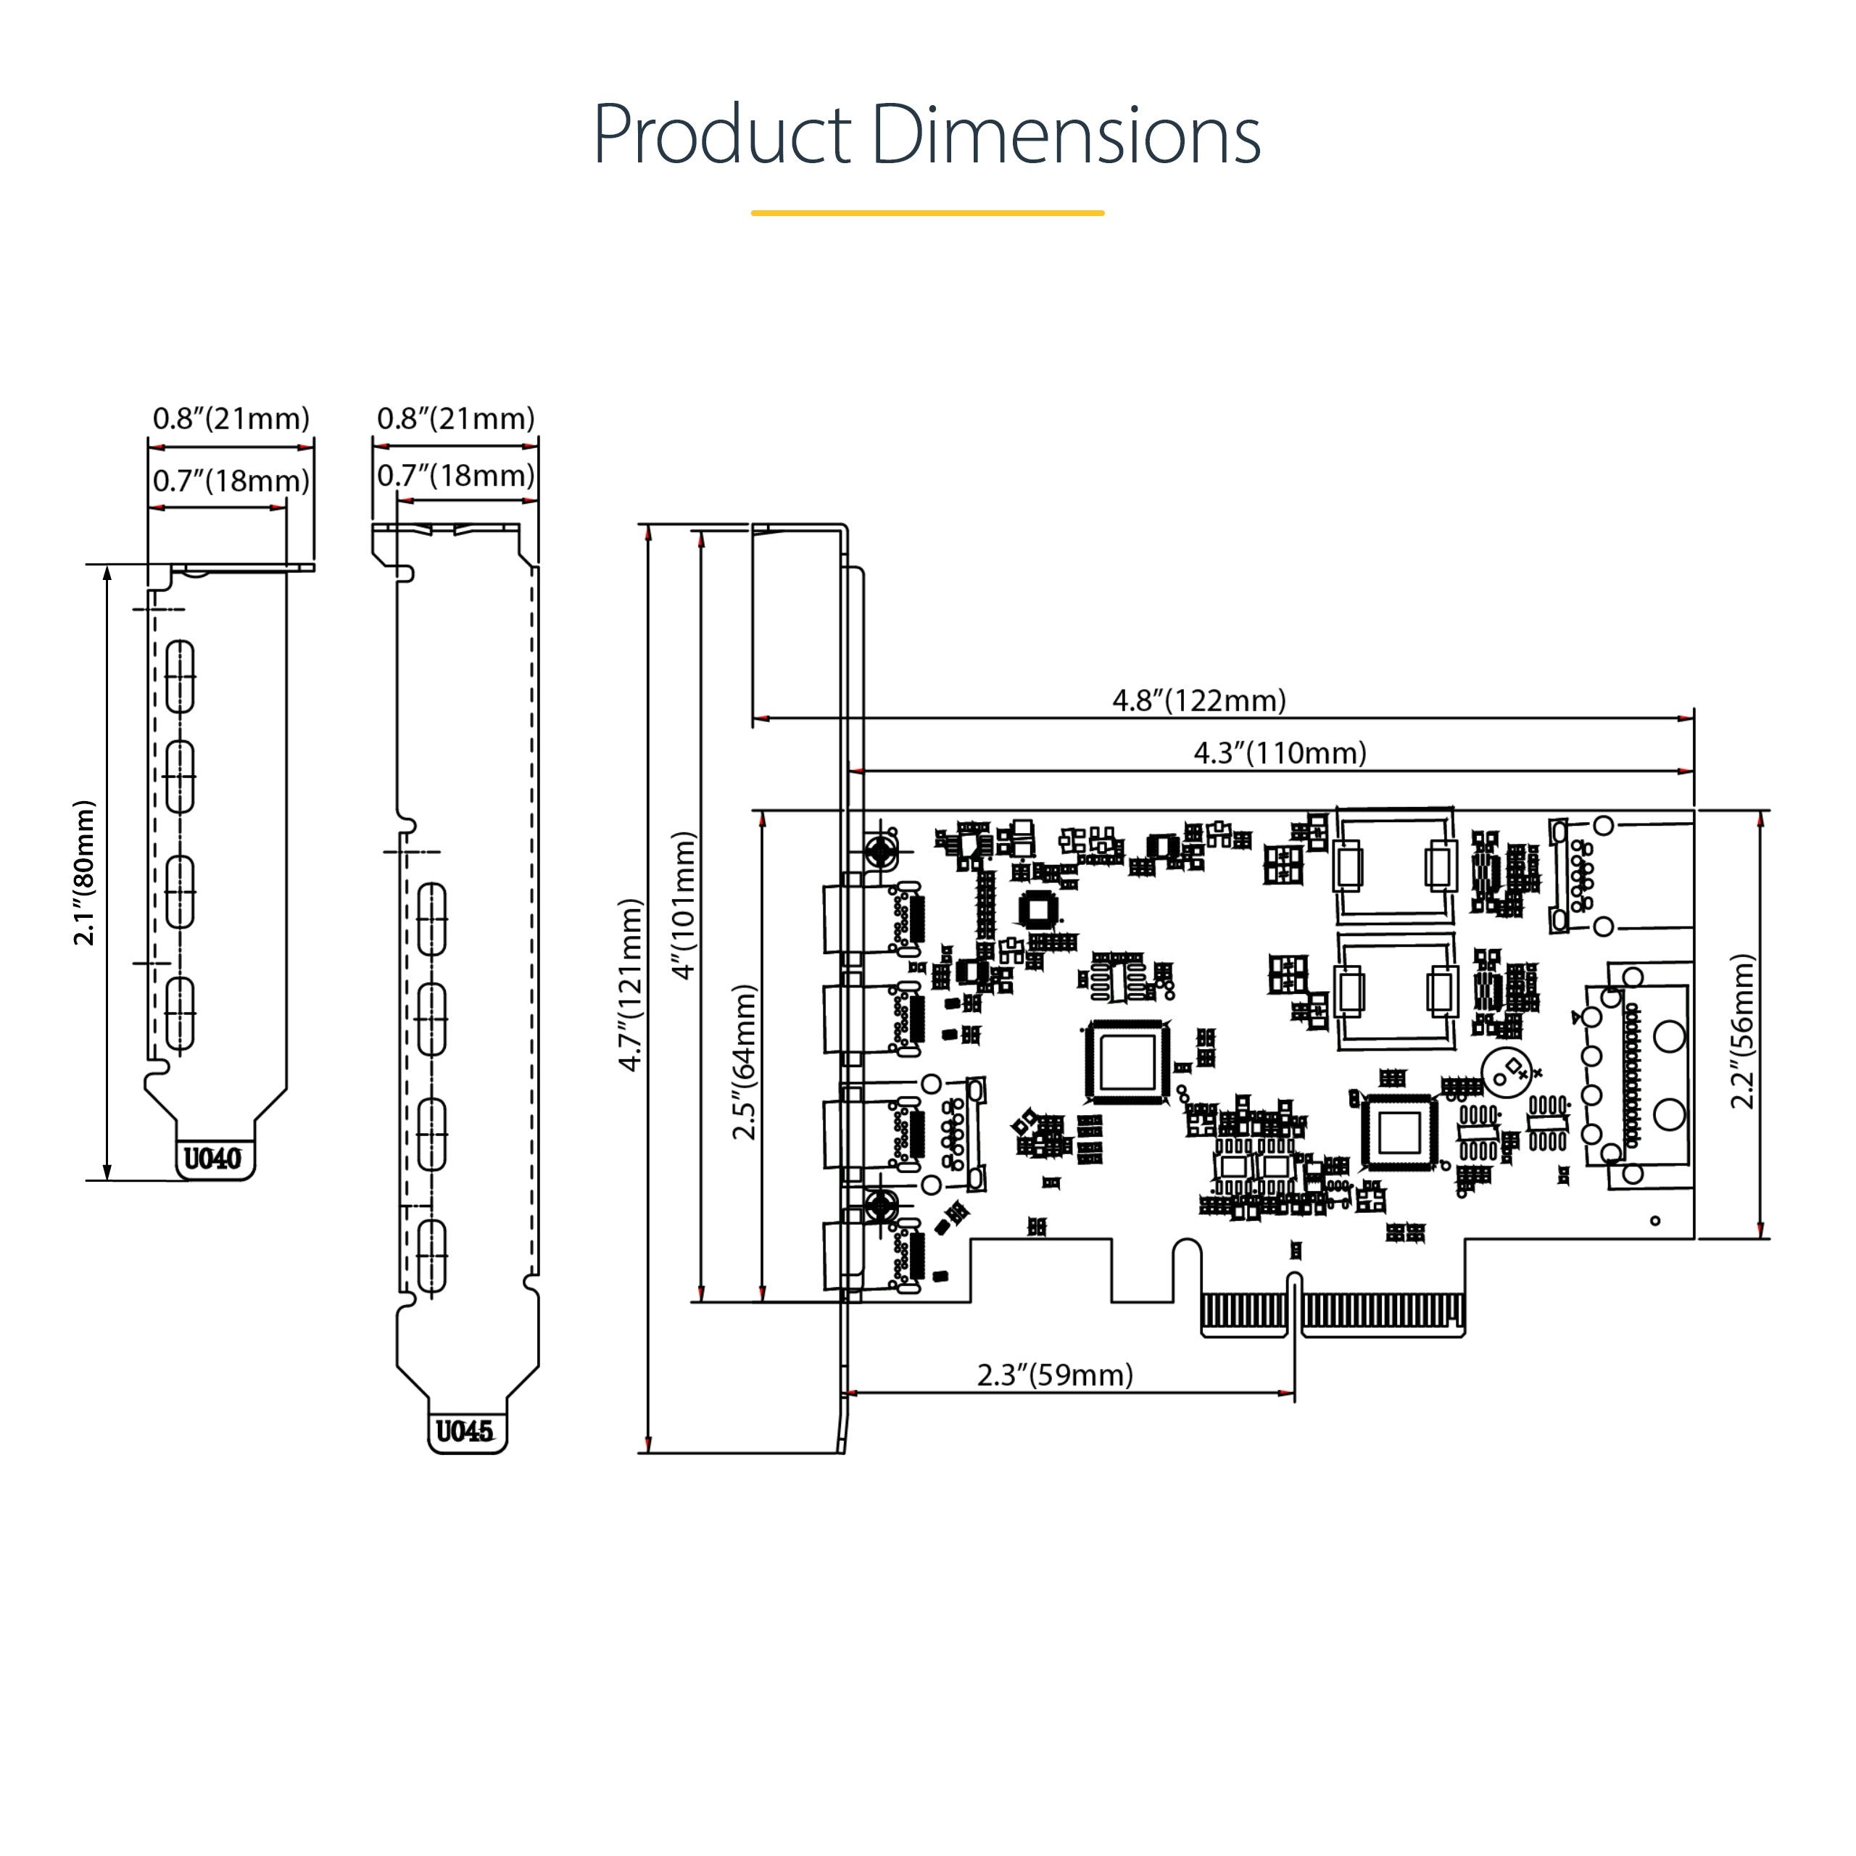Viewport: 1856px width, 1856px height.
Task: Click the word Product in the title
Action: [x=722, y=136]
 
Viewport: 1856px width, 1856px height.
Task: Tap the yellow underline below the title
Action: [x=927, y=212]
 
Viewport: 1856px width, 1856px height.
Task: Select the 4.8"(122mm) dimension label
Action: [x=1198, y=700]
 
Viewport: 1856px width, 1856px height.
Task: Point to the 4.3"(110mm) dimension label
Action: [x=1279, y=753]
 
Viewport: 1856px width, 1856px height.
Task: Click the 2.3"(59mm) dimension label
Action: [x=1055, y=1375]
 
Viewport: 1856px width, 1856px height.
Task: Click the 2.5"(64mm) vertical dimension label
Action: [x=745, y=1061]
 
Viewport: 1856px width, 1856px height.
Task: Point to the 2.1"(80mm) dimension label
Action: [x=85, y=872]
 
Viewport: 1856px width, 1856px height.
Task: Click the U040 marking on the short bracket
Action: [x=212, y=1159]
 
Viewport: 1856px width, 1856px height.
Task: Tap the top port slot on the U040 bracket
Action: [x=180, y=676]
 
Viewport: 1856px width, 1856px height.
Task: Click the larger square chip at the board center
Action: [x=1127, y=1061]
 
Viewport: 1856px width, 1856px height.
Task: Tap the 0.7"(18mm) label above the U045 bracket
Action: [x=455, y=476]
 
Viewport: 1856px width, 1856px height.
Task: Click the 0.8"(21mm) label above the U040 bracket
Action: [x=231, y=419]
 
